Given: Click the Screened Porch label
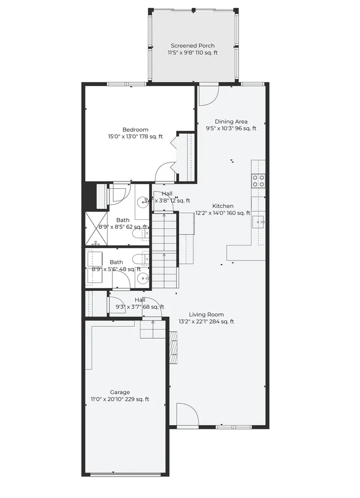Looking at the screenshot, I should [193, 46].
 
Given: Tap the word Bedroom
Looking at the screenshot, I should [135, 130].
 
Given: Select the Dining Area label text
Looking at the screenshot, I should [231, 122].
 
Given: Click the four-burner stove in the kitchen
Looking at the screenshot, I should [258, 181].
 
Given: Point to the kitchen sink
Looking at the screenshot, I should [259, 222].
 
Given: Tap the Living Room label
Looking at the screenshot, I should [206, 315].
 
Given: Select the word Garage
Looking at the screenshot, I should [120, 392].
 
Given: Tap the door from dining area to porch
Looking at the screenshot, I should [209, 95].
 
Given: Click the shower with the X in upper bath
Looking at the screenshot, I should [97, 229].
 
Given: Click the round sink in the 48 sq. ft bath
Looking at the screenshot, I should [143, 279].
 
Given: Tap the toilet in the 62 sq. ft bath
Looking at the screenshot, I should [139, 234].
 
